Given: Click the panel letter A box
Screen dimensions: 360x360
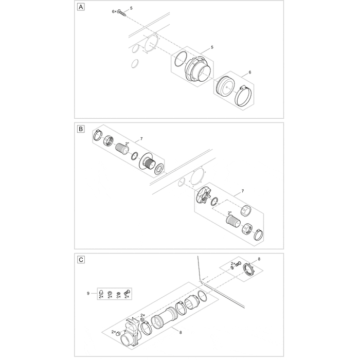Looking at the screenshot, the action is coord(81,7).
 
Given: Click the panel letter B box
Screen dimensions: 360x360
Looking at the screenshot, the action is coord(81,129).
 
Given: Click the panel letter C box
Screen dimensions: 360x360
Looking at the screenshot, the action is coord(81,260).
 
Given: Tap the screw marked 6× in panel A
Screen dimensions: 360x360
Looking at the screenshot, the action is coord(122,12).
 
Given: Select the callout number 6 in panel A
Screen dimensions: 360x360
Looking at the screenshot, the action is coord(250,73).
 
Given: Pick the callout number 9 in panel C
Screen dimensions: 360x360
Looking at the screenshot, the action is coord(88,294).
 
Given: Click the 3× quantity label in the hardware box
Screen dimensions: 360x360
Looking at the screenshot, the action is coord(118,297).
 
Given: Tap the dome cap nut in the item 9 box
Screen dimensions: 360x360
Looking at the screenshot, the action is coord(101,292).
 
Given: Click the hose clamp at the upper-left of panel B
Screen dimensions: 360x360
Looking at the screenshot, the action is coord(98,135).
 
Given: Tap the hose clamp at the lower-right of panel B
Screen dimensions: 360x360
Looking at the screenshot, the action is coord(259,235).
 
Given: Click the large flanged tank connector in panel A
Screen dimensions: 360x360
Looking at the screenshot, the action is coord(196,69).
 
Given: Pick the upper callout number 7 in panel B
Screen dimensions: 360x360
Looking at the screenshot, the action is coord(141,139).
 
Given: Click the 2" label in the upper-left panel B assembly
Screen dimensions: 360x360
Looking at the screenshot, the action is coord(127,143).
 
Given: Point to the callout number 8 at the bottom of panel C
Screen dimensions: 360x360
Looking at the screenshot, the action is coord(181,332).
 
